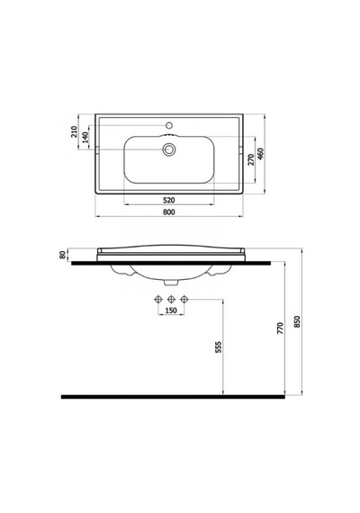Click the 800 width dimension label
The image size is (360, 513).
(168, 212)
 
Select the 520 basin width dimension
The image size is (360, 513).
(168, 200)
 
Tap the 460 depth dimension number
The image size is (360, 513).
(260, 154)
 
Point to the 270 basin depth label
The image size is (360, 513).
(251, 159)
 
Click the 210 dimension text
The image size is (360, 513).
(75, 131)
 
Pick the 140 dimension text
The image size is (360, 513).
(85, 137)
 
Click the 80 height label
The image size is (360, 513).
(63, 256)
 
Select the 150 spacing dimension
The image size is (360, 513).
(171, 310)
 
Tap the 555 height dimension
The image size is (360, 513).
(219, 346)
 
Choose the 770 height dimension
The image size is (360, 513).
(281, 328)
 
